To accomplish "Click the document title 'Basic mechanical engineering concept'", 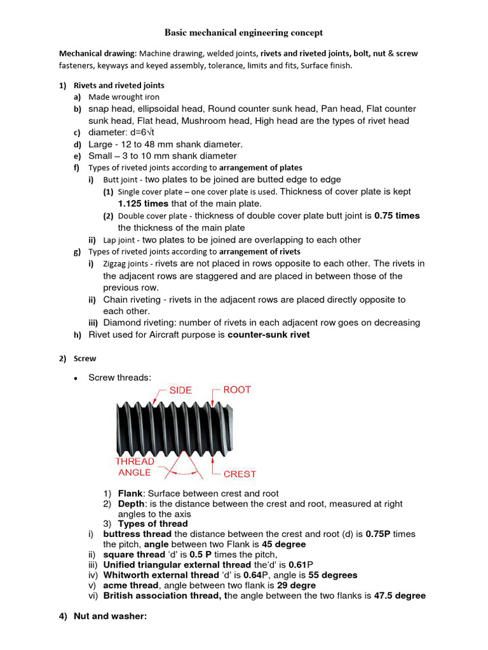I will click(244, 32).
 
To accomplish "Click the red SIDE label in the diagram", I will click(180, 390).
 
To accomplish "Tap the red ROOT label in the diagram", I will click(236, 390).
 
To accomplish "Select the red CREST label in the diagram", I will click(240, 474).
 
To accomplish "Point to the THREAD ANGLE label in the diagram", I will click(134, 467).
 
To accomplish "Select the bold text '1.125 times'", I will click(143, 204).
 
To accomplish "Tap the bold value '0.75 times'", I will click(396, 216).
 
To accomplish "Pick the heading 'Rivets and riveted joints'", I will click(119, 85).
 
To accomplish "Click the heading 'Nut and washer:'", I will click(110, 616).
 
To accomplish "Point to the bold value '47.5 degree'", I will click(399, 596).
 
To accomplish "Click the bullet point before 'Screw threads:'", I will click(76, 378).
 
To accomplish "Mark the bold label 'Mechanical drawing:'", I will click(98, 54).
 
